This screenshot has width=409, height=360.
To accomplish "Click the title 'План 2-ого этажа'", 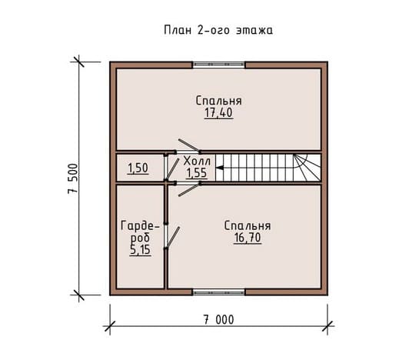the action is (218, 30).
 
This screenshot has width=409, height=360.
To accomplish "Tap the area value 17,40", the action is (218, 113).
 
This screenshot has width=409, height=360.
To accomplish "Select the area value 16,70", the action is (248, 238).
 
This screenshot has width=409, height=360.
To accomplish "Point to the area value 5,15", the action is (141, 250).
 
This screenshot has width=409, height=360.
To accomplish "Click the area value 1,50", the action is (138, 168).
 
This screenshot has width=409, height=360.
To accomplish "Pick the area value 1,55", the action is (196, 173).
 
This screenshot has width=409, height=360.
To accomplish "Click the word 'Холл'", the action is (197, 162).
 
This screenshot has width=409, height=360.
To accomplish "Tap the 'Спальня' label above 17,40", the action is (219, 101).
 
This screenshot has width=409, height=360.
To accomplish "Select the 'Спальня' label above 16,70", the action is (248, 226).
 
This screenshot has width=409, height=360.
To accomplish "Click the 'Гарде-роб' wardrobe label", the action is (140, 232).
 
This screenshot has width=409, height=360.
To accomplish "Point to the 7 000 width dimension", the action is (218, 320).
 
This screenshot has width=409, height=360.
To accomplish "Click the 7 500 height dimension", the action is (73, 178).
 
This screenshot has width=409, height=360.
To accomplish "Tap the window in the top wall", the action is (219, 65).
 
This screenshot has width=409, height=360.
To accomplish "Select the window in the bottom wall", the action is (219, 292).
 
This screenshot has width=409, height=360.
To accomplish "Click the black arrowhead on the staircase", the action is (220, 168).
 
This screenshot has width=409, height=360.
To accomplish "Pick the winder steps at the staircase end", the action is (308, 168).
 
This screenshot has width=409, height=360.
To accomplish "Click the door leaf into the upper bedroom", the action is (189, 145).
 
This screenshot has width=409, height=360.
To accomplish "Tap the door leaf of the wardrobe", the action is (172, 238).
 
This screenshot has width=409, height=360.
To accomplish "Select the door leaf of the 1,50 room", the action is (172, 169).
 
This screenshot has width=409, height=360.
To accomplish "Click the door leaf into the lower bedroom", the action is (189, 190).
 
